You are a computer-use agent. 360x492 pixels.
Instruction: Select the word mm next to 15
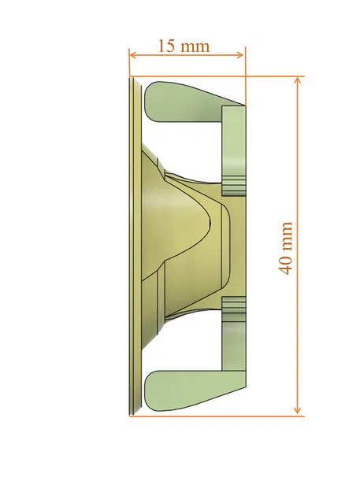pyautogui.click(x=195, y=46)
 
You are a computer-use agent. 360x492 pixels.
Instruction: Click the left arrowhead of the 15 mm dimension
pyautogui.click(x=133, y=55)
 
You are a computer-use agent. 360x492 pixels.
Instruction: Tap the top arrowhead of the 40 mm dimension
pyautogui.click(x=298, y=81)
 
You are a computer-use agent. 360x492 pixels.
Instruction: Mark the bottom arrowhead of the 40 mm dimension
pyautogui.click(x=298, y=410)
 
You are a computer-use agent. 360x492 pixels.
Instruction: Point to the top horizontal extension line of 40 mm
pyautogui.click(x=272, y=76)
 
